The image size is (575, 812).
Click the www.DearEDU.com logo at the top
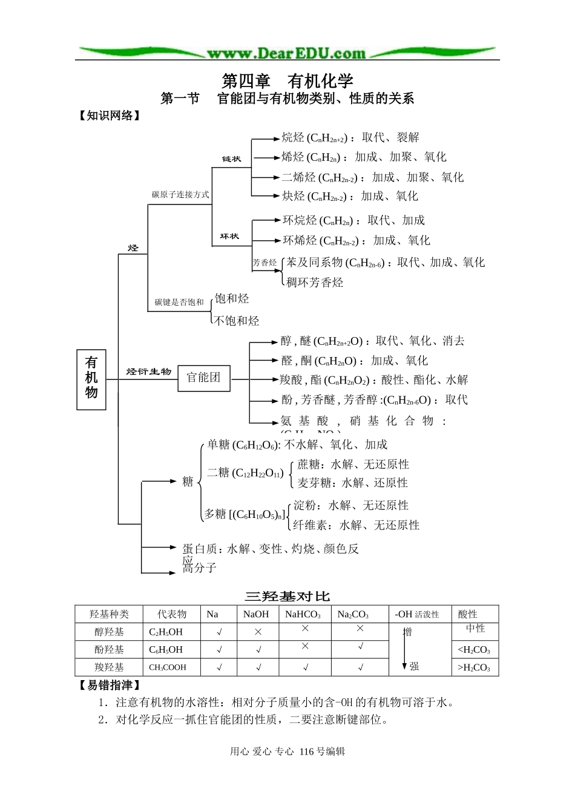tap(286, 53)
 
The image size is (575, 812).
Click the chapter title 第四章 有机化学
tap(287, 81)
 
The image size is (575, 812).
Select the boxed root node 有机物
tap(91, 379)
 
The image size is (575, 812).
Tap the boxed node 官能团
tap(204, 378)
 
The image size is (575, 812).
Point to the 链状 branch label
tap(231, 159)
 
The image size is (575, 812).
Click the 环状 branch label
tap(229, 236)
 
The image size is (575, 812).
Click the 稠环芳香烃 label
tap(315, 282)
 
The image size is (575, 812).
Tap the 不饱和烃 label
tap(237, 321)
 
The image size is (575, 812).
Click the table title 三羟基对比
tap(287, 597)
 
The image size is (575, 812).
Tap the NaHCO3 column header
tap(303, 614)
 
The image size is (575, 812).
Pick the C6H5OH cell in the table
tap(166, 650)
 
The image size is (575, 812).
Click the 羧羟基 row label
tap(109, 667)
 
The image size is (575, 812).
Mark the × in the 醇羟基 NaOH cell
tap(258, 632)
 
